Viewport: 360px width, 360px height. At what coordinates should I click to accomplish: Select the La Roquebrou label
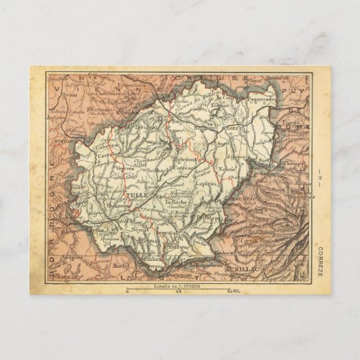[206, 264]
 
